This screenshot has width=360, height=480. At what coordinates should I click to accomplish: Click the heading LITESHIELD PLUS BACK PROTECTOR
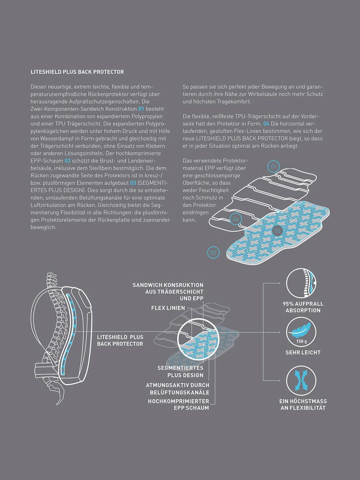tap(77, 72)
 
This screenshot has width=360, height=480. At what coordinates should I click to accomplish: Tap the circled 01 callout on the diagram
tap(274, 166)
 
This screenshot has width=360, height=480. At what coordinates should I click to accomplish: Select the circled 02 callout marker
tap(214, 252)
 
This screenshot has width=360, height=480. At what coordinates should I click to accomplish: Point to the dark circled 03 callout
tap(278, 230)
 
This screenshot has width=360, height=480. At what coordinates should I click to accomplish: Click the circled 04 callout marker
tap(236, 219)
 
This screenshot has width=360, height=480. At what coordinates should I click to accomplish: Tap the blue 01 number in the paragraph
tap(141, 109)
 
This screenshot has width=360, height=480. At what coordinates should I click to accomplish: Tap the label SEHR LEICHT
tap(303, 353)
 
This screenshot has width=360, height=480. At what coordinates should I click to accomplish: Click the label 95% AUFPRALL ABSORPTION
tap(303, 307)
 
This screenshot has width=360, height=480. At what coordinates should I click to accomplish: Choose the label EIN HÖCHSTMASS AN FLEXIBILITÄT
tap(303, 404)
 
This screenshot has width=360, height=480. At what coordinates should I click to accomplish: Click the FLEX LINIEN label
tap(168, 308)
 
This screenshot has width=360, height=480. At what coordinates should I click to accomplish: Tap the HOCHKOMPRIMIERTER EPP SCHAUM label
tap(178, 404)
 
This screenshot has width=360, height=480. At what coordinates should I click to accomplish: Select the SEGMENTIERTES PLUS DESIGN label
tap(180, 371)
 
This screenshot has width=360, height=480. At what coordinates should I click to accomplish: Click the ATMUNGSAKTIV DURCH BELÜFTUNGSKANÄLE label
tap(178, 388)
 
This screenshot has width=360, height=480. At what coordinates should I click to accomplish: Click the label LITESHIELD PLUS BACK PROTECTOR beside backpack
tap(120, 340)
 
